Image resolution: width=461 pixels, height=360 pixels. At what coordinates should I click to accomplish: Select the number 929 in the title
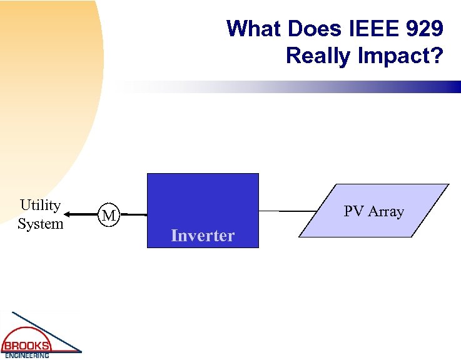point(423,29)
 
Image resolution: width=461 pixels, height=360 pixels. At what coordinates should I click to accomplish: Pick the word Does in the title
point(310,29)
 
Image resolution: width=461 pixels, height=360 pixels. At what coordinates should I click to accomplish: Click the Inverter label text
point(203,236)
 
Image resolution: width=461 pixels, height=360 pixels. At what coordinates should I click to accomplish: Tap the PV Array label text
point(373,211)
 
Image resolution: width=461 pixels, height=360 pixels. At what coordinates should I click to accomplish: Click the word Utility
point(40,205)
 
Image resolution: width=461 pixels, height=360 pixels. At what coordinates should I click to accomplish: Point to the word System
point(40,223)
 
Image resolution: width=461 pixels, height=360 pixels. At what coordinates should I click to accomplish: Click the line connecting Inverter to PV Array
point(288,211)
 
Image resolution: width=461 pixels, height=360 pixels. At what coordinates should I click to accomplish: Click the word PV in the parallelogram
point(353,211)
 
